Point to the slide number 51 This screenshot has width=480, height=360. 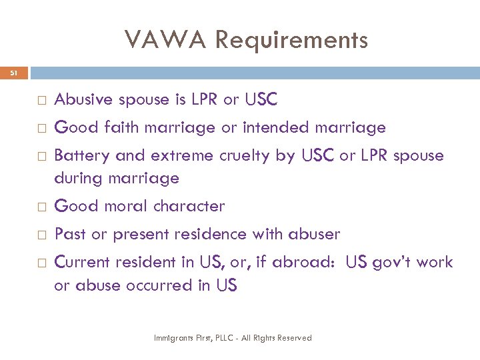(14, 73)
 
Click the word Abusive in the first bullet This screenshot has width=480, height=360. (84, 100)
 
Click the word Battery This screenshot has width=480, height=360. (82, 156)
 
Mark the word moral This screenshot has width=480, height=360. (122, 207)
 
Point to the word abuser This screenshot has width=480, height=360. (314, 235)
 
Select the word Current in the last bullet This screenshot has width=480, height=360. (82, 262)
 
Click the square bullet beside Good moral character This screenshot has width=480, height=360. (41, 207)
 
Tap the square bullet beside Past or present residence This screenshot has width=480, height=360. (41, 235)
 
